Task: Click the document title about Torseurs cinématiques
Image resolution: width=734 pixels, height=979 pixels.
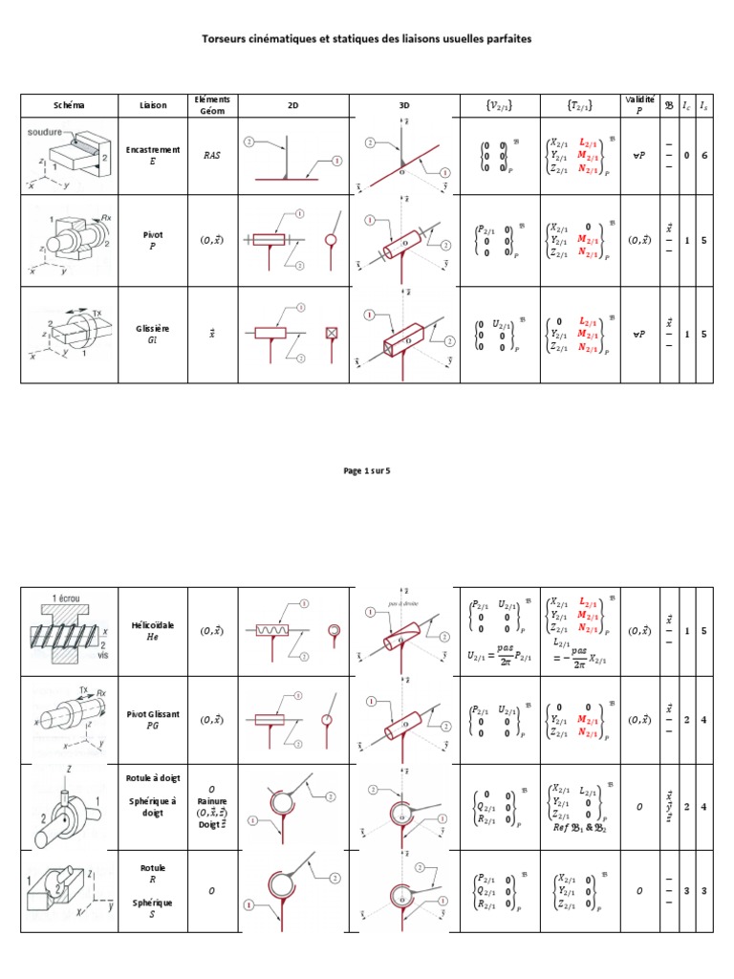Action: [366, 39]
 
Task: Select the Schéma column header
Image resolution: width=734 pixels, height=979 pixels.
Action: [67, 106]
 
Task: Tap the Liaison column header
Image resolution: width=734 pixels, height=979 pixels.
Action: [152, 106]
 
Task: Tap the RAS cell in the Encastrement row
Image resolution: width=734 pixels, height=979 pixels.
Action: [212, 155]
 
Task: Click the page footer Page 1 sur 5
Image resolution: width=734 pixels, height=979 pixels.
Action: [366, 470]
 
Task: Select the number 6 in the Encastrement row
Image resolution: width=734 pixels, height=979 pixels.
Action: [704, 155]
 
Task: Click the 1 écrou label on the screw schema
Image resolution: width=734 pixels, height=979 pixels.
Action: [65, 596]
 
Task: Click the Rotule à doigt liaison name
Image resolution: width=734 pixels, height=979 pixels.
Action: [152, 778]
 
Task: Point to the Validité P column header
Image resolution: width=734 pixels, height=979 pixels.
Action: [639, 105]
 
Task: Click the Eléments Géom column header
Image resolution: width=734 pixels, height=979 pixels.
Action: [212, 105]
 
